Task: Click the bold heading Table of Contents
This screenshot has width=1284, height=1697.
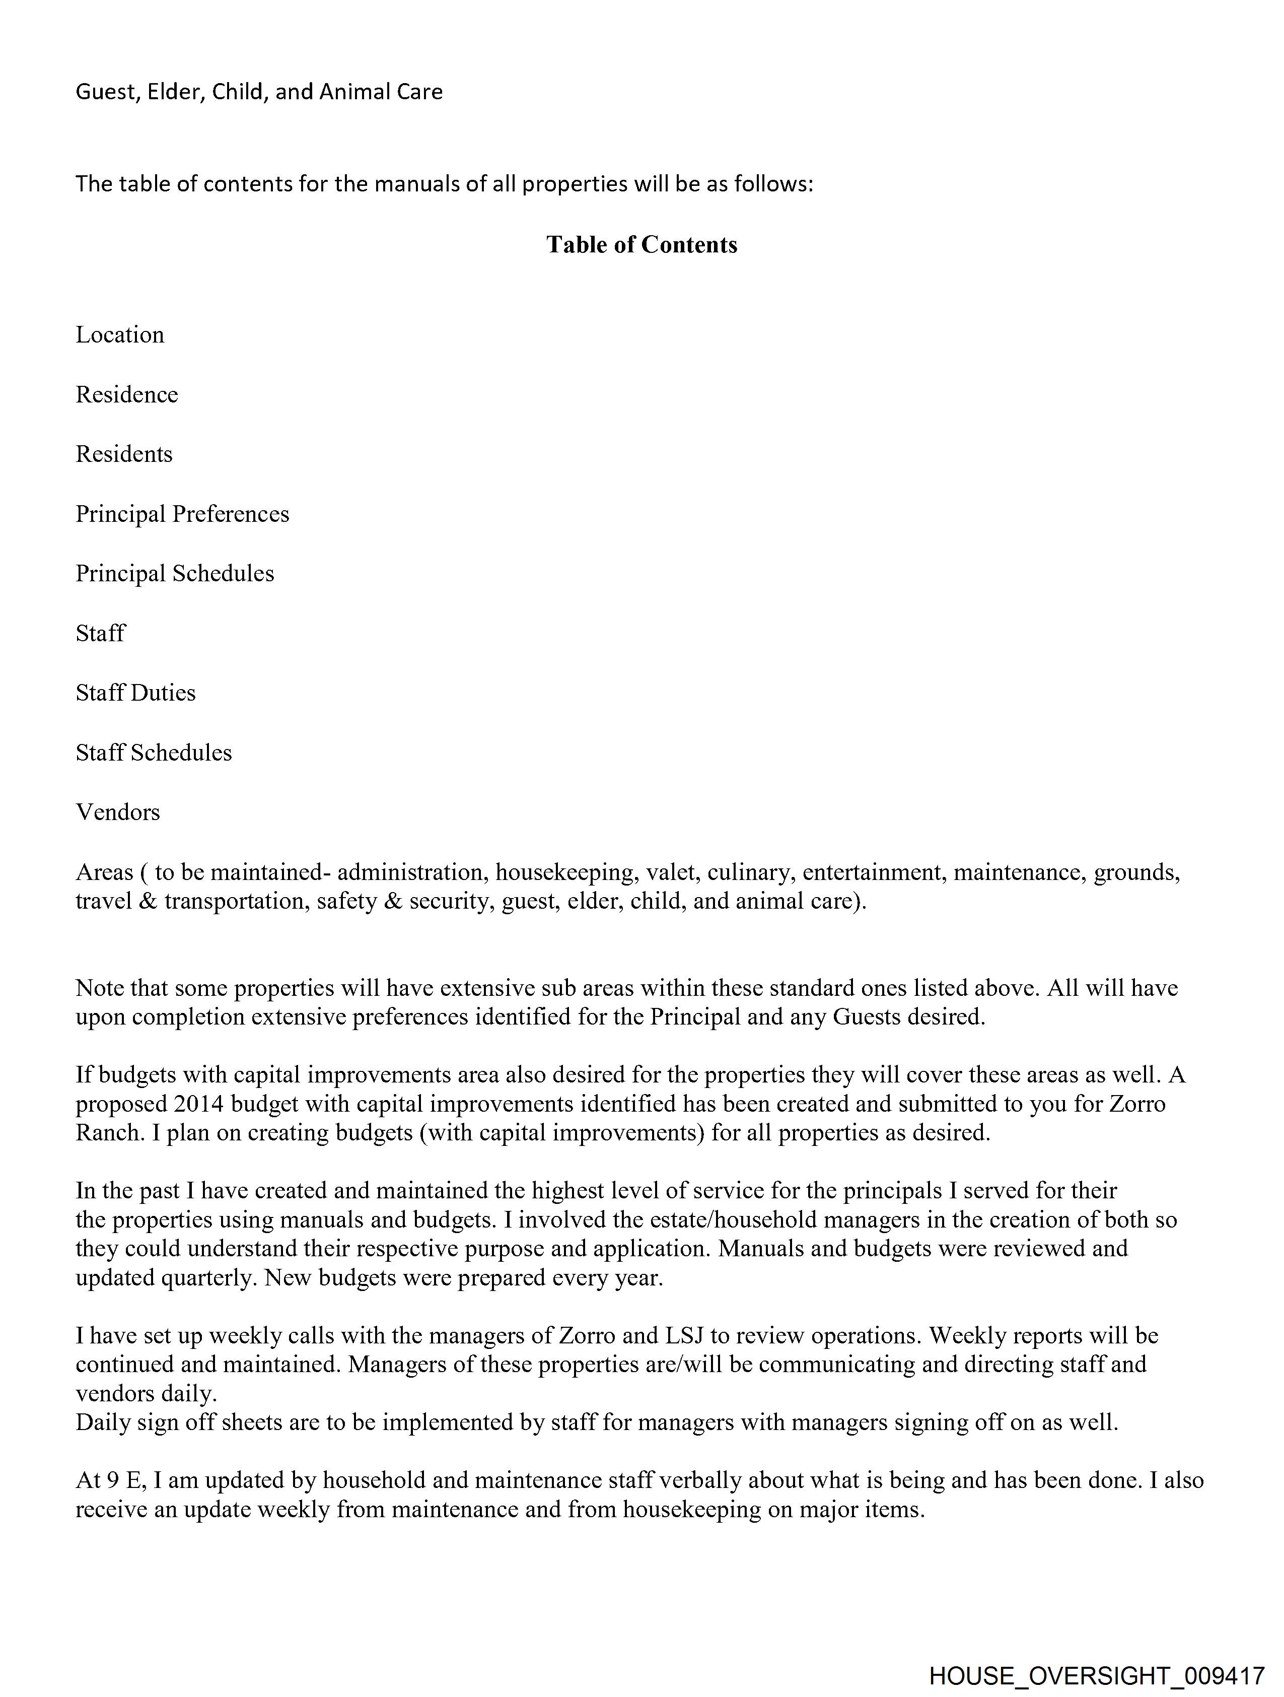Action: coord(641,245)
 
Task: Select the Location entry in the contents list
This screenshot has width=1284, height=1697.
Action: coord(120,335)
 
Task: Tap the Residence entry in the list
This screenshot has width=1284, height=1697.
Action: coord(126,395)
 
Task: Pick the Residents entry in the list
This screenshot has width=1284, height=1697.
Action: coord(123,454)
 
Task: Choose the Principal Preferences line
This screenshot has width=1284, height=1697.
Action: coord(182,514)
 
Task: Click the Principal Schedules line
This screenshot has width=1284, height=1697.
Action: coord(174,574)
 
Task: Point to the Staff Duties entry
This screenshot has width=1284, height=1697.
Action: coord(135,693)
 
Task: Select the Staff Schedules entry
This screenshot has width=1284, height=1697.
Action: coord(154,753)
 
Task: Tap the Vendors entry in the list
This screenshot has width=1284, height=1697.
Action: coord(117,812)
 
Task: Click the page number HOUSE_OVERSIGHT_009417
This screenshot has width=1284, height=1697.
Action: coord(1096,1675)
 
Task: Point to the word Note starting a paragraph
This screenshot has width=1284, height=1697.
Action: coord(100,988)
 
